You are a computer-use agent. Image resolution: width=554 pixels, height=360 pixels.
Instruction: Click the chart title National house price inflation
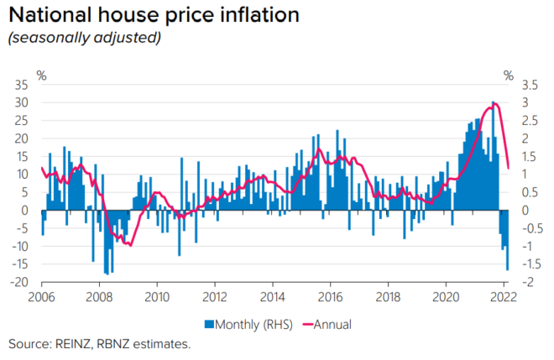[155, 15]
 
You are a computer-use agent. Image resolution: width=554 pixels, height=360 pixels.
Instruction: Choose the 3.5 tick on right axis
[529, 85]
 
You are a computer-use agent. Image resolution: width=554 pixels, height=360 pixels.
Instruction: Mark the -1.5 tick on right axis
[528, 264]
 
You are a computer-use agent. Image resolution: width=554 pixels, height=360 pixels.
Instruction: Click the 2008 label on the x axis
[99, 296]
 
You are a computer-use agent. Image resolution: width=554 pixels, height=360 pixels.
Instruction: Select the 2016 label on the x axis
[331, 296]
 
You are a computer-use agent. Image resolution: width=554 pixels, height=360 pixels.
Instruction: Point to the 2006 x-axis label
[42, 296]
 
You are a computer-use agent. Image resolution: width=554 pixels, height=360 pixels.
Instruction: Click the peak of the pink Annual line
[496, 104]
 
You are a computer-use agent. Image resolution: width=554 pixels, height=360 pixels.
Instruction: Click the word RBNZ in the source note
[121, 344]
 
